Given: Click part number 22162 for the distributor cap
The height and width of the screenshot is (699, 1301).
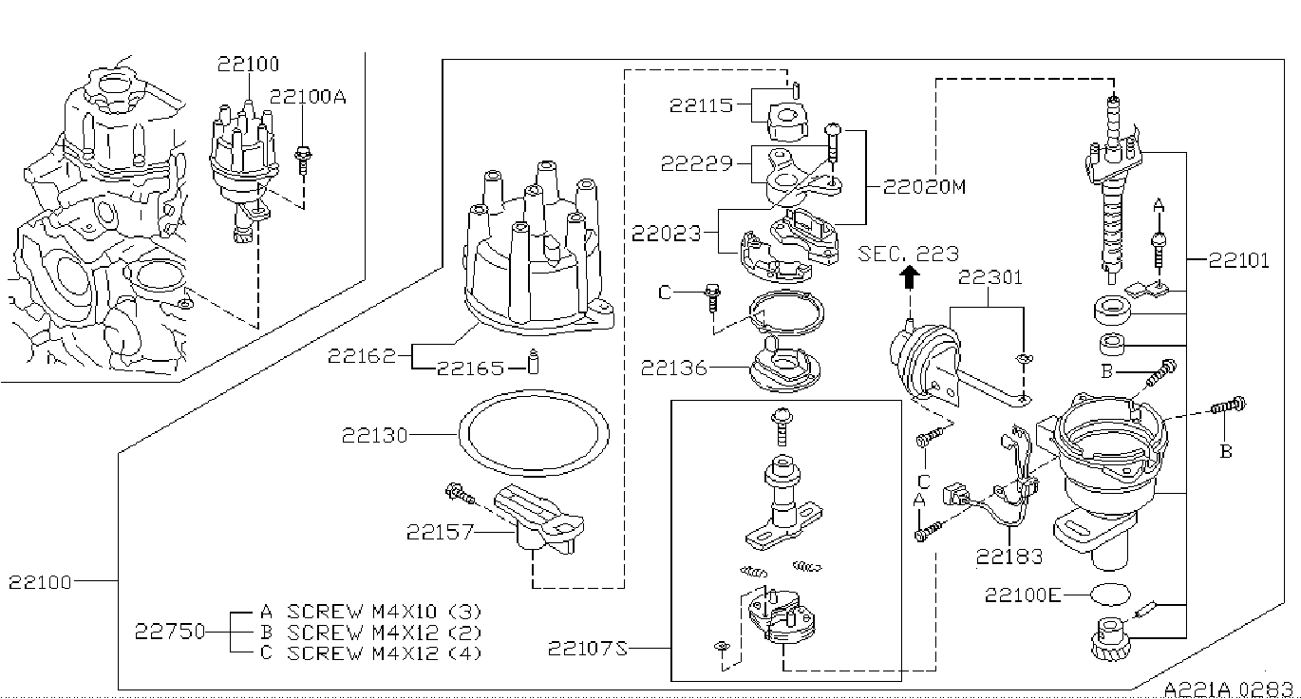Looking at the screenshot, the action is (x=361, y=355).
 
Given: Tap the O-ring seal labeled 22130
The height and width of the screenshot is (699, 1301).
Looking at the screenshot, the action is (x=534, y=394).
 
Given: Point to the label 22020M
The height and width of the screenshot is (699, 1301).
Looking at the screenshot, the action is (x=924, y=186).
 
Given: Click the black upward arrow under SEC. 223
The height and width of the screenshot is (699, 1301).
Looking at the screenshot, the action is (x=909, y=277).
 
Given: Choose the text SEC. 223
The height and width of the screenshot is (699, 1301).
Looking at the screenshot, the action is (x=908, y=254).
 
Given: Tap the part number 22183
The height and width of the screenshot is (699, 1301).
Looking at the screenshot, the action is (x=1009, y=557).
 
